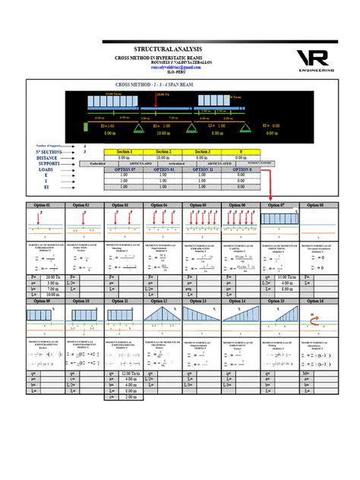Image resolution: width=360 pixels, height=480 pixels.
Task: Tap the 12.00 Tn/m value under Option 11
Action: [130, 374]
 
